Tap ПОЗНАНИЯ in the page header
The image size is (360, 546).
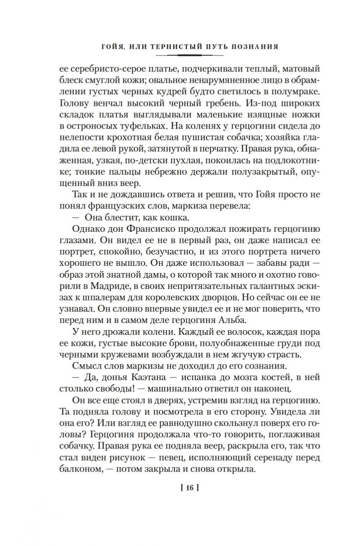point(257,47)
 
